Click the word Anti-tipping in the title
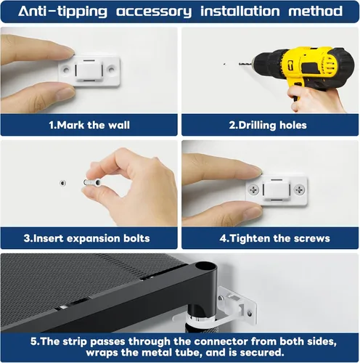point(62,12)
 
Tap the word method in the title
point(315,11)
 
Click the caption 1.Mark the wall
point(89,125)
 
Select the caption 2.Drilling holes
point(268,126)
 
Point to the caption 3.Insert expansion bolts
point(86,238)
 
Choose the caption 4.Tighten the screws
point(275,238)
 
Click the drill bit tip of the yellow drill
point(240,64)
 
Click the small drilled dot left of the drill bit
point(224,64)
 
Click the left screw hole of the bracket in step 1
point(66,70)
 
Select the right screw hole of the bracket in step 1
point(111,70)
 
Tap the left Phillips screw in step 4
point(253,189)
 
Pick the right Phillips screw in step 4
point(300,189)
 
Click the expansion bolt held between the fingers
point(92,183)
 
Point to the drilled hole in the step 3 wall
point(63,183)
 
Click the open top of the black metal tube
point(205,266)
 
